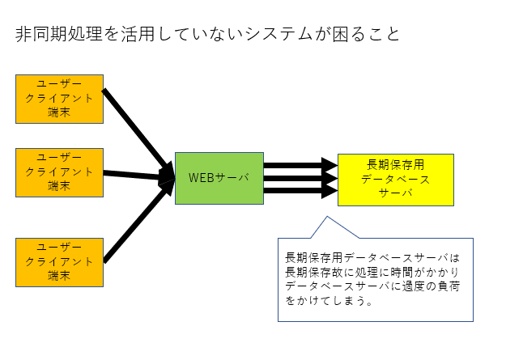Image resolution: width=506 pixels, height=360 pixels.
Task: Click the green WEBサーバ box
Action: (x=219, y=179)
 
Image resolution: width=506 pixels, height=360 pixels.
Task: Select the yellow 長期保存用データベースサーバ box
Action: (x=396, y=180)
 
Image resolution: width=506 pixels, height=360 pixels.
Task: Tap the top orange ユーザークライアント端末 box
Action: (x=59, y=99)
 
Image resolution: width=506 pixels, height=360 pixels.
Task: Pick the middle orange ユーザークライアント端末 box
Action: (x=59, y=172)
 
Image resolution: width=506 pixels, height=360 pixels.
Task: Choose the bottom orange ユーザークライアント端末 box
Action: (x=59, y=263)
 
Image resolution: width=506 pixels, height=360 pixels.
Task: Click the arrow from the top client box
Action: (x=138, y=132)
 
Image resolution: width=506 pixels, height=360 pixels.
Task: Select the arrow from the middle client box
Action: (x=139, y=176)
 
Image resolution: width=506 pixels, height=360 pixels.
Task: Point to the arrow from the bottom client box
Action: (x=139, y=222)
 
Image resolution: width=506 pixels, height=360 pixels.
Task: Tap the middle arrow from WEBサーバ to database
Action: (x=300, y=179)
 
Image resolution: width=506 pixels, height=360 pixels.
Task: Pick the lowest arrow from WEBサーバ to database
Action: (x=300, y=191)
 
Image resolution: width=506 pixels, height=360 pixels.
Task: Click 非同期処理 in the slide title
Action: (x=59, y=34)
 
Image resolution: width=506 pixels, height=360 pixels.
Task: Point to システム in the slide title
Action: (x=279, y=34)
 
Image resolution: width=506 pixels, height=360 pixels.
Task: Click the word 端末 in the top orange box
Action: (x=59, y=112)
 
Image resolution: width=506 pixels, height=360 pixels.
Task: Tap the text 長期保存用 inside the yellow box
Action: (x=396, y=165)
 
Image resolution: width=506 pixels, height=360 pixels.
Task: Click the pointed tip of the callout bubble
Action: (x=327, y=217)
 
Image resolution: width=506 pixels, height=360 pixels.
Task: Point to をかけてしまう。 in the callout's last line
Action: (x=330, y=301)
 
